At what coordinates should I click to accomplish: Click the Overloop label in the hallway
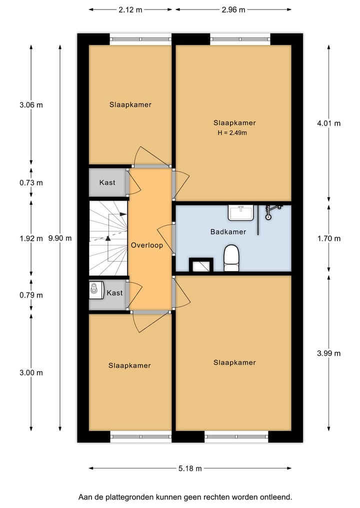(x=146, y=245)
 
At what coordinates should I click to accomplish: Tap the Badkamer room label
(x=228, y=232)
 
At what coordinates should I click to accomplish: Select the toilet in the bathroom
(x=231, y=257)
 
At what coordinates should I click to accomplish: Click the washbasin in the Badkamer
(x=240, y=212)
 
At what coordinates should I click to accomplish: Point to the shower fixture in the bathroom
(x=270, y=212)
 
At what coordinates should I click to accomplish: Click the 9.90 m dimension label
(x=60, y=238)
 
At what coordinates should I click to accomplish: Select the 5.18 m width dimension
(x=190, y=469)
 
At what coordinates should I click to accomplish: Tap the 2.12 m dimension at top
(x=130, y=9)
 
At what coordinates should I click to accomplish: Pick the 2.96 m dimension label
(x=233, y=9)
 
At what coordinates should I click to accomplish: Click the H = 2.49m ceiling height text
(x=232, y=133)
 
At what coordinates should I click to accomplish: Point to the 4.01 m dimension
(x=328, y=123)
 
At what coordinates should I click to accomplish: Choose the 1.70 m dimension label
(x=328, y=238)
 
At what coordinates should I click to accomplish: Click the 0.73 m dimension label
(x=31, y=182)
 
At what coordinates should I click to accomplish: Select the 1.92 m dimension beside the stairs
(x=31, y=238)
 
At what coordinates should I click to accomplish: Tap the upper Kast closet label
(x=107, y=182)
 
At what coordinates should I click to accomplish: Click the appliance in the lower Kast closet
(x=95, y=289)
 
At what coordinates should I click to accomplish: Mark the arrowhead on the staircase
(x=108, y=238)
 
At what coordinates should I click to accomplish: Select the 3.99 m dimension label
(x=328, y=353)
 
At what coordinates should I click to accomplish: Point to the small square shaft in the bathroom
(x=201, y=265)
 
